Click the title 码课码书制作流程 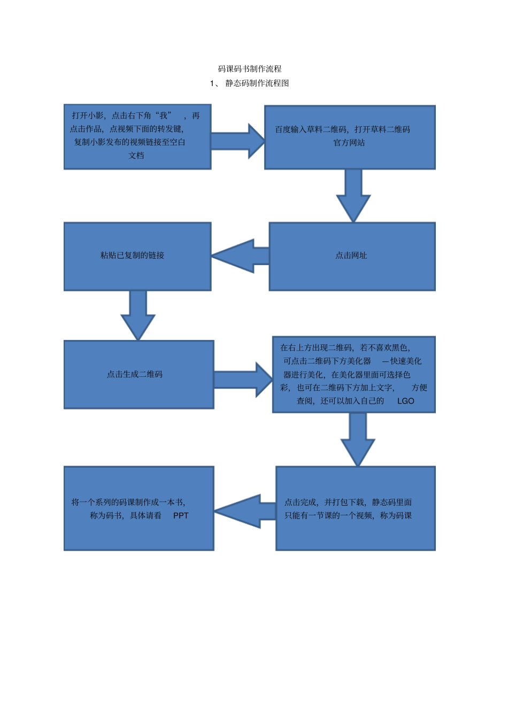point(250,69)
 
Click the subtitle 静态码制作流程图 point(257,83)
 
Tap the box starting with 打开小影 point(137,137)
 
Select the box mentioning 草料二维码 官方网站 point(350,137)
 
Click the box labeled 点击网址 point(352,256)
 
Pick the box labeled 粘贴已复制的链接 point(137,256)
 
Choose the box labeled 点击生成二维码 point(138,374)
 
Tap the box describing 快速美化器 point(353,374)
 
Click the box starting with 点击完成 point(355,508)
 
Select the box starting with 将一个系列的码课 point(138,508)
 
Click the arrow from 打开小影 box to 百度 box point(238,141)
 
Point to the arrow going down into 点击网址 point(353,195)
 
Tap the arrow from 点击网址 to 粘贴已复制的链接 point(241,256)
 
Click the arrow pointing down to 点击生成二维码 point(138,315)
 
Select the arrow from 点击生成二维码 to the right point(243,380)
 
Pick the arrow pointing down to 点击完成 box point(358,438)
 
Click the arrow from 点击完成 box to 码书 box point(245,511)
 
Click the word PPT point(181,516)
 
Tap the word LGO point(405,401)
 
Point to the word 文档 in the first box point(136,156)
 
